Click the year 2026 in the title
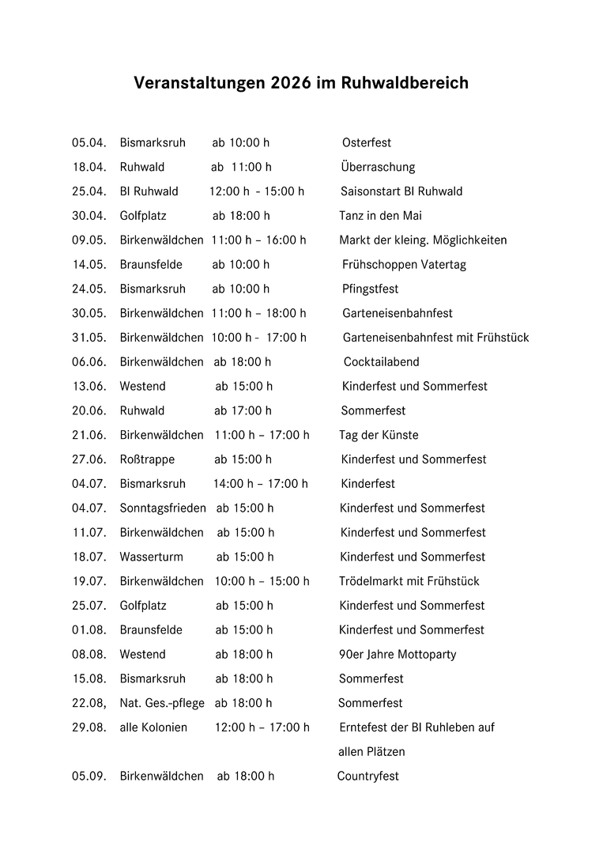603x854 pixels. pyautogui.click(x=290, y=83)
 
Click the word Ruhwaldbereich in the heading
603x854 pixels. pyautogui.click(x=405, y=83)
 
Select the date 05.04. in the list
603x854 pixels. pyautogui.click(x=89, y=143)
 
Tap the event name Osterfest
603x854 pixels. pyautogui.click(x=367, y=143)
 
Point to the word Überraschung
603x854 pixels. pyautogui.click(x=378, y=168)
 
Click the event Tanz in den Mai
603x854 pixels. pyautogui.click(x=381, y=216)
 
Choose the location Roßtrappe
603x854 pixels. pyautogui.click(x=147, y=459)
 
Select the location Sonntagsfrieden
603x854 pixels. pyautogui.click(x=163, y=508)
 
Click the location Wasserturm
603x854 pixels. pyautogui.click(x=151, y=557)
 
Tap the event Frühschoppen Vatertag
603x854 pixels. pyautogui.click(x=404, y=265)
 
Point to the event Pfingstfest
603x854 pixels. pyautogui.click(x=371, y=289)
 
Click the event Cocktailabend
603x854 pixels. pyautogui.click(x=382, y=362)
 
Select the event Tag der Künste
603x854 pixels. pyautogui.click(x=379, y=435)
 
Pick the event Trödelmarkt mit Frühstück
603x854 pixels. pyautogui.click(x=409, y=581)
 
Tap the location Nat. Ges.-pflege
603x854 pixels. pyautogui.click(x=162, y=703)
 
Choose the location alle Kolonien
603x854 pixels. pyautogui.click(x=153, y=727)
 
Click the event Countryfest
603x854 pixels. pyautogui.click(x=368, y=777)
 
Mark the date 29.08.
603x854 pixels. pyautogui.click(x=89, y=727)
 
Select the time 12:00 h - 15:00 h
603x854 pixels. pyautogui.click(x=257, y=191)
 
